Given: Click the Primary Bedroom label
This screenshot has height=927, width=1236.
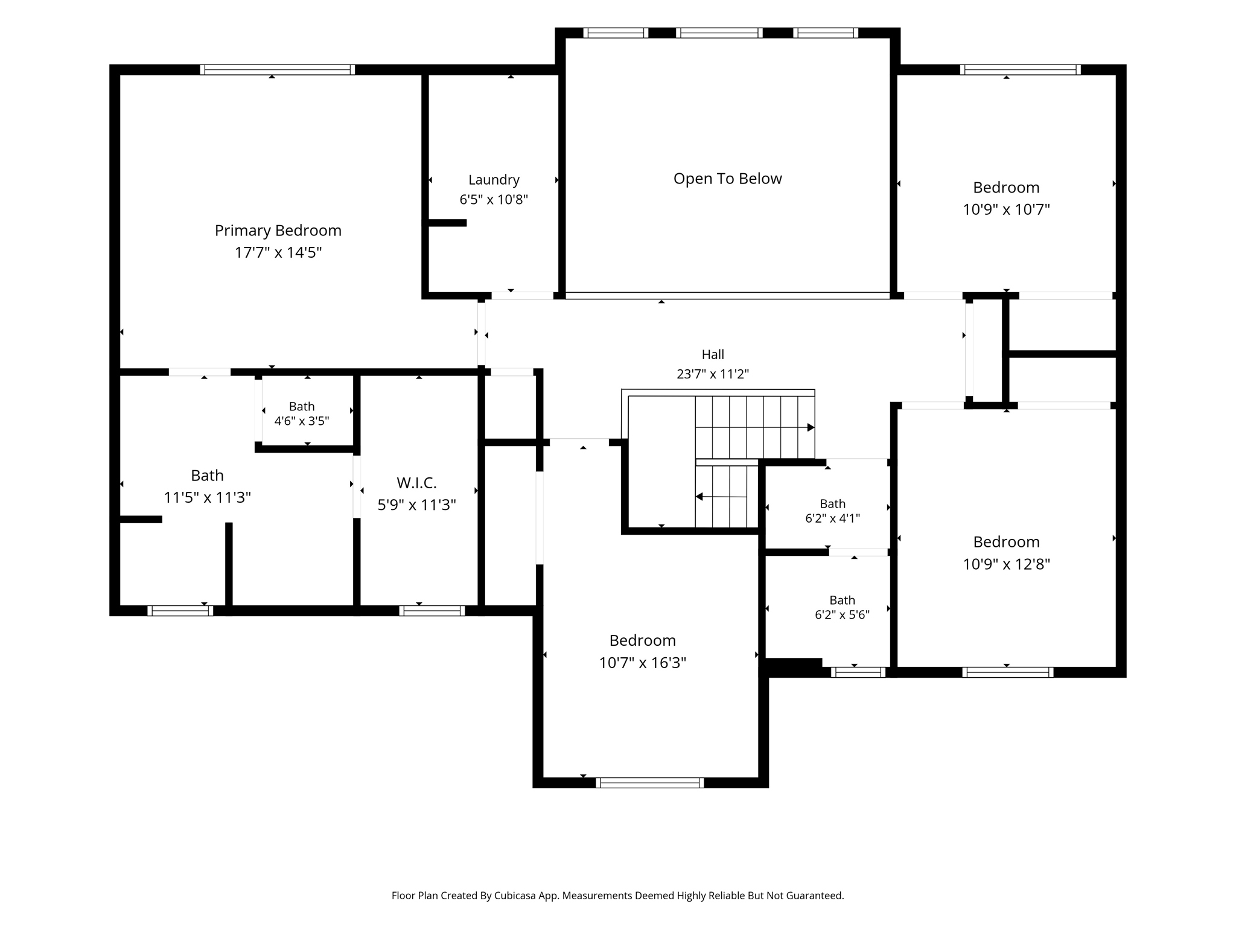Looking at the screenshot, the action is point(278,231).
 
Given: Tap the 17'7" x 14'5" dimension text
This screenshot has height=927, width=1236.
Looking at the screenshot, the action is point(278,252).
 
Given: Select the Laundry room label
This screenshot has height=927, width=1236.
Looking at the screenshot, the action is point(494,180).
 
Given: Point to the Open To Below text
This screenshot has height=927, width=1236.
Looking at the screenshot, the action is point(727,179).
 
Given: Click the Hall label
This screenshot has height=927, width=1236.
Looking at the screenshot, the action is point(713,354).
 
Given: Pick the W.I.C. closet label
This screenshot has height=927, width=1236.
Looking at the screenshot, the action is point(416,483).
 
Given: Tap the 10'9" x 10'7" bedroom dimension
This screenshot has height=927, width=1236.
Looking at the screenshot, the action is point(1006,209).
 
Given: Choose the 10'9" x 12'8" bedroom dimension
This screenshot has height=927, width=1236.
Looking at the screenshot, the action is point(1006,564).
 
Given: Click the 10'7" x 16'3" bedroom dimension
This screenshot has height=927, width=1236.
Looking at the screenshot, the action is point(642,663).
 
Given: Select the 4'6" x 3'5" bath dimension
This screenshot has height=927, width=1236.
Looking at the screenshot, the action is point(302,421).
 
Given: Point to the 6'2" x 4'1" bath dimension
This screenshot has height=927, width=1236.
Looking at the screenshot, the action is point(832,518).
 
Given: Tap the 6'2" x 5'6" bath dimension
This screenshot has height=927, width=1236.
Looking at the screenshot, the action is point(842,614).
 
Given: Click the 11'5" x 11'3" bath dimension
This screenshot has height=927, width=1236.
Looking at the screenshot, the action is point(207,497).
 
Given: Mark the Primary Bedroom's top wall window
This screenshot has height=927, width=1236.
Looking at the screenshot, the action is point(278,69).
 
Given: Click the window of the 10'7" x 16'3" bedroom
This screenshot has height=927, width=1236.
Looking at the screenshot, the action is point(650,783).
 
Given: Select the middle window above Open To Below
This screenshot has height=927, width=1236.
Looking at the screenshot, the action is point(719,33).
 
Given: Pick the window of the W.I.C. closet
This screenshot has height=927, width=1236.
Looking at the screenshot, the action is point(432,611).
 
